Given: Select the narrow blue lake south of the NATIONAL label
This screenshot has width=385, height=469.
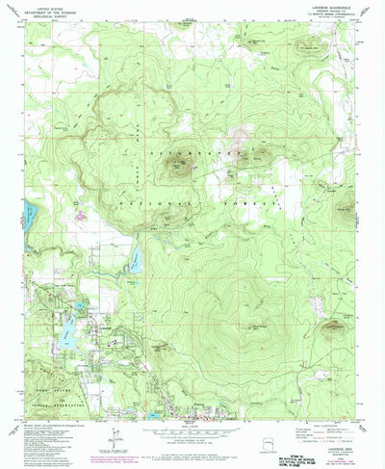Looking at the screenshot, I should pyautogui.click(x=136, y=258).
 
